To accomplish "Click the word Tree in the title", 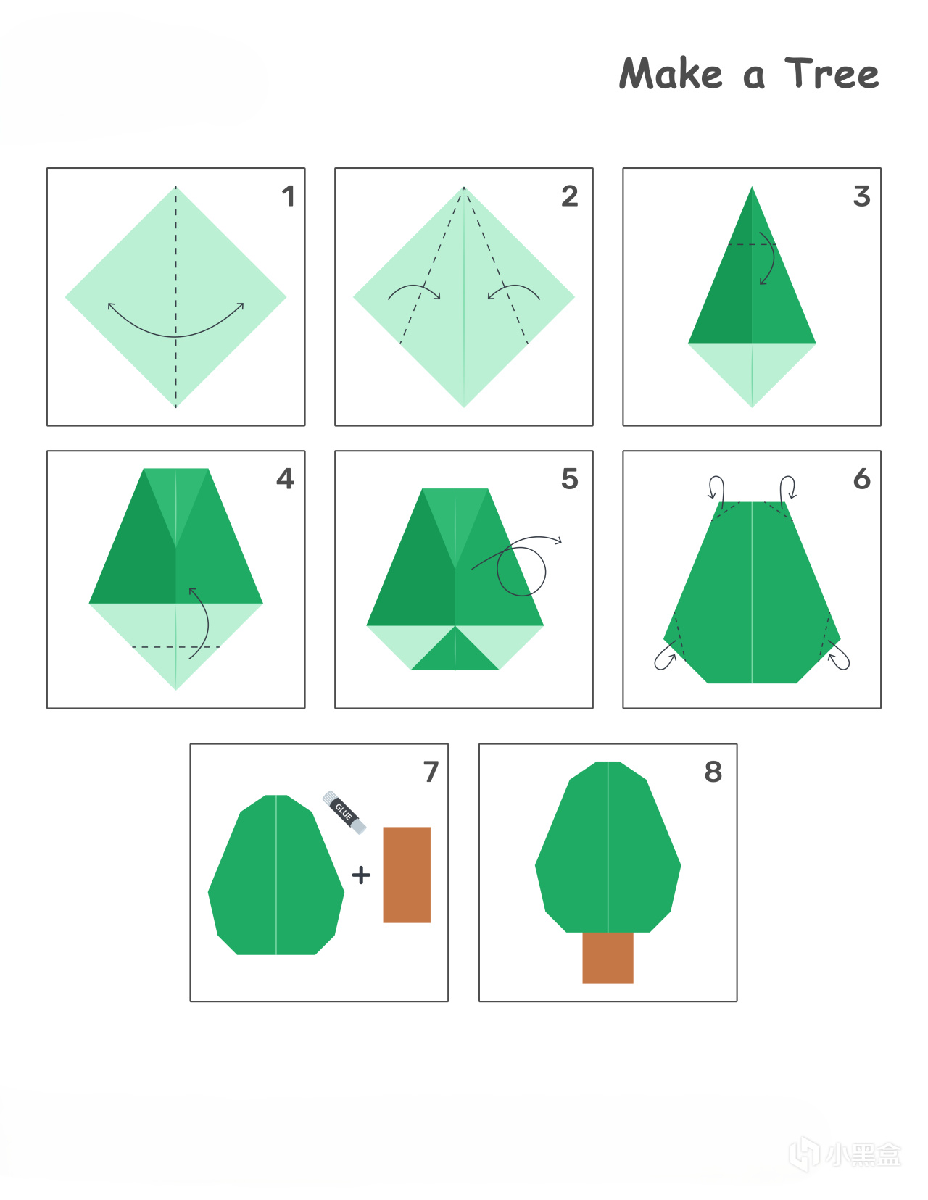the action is [x=832, y=73].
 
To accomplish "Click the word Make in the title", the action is [x=671, y=72].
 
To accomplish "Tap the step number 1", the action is [x=289, y=196].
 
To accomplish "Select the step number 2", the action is [x=570, y=196].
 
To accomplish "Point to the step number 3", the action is [x=861, y=196].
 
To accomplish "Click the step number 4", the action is [x=285, y=478].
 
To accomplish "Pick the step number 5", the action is [x=570, y=478].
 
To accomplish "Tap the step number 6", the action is [x=861, y=478].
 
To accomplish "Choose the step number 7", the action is [x=431, y=772].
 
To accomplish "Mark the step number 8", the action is [x=713, y=772].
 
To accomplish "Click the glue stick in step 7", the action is [x=344, y=812].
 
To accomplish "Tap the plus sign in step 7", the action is [x=361, y=875].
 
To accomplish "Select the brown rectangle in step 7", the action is [x=407, y=875].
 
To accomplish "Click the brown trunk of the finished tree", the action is [x=608, y=957].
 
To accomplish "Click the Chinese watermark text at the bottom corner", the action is [x=864, y=1154].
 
